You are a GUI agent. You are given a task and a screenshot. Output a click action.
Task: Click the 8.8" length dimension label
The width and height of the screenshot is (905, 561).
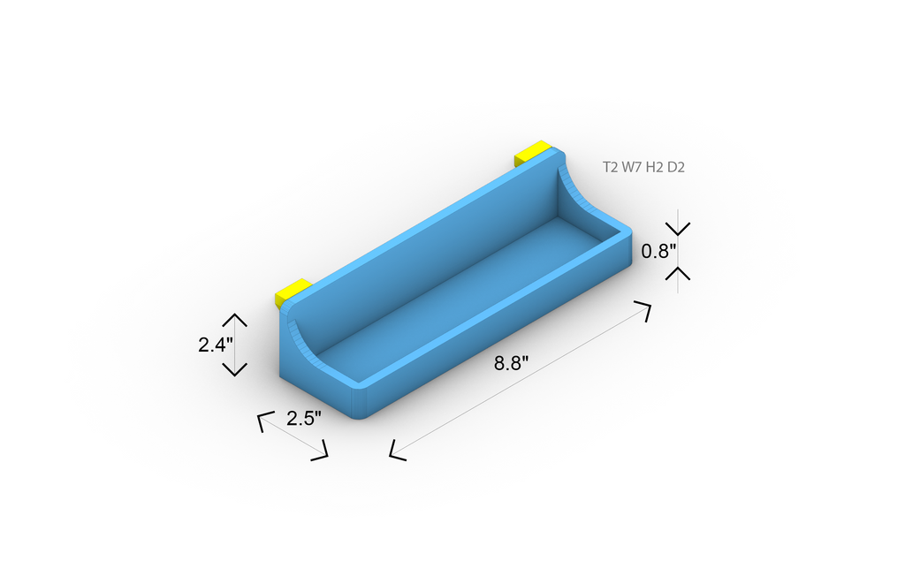point(511,363)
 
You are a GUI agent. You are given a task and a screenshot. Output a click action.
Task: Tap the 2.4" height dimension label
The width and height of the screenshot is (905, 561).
point(216,345)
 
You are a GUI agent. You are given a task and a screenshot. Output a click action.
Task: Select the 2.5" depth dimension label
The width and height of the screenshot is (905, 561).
point(304,418)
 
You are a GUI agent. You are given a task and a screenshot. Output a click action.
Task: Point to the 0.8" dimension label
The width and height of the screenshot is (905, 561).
point(658,251)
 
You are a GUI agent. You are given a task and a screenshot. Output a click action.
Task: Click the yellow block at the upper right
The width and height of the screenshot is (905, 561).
point(531,152)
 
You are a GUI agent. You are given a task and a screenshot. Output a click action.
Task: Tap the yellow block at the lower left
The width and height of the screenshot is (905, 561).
point(293,292)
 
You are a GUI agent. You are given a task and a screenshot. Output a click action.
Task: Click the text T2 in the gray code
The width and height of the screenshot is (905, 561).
point(610,167)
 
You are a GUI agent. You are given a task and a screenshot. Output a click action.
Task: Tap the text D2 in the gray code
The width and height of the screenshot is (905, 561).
point(676,167)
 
